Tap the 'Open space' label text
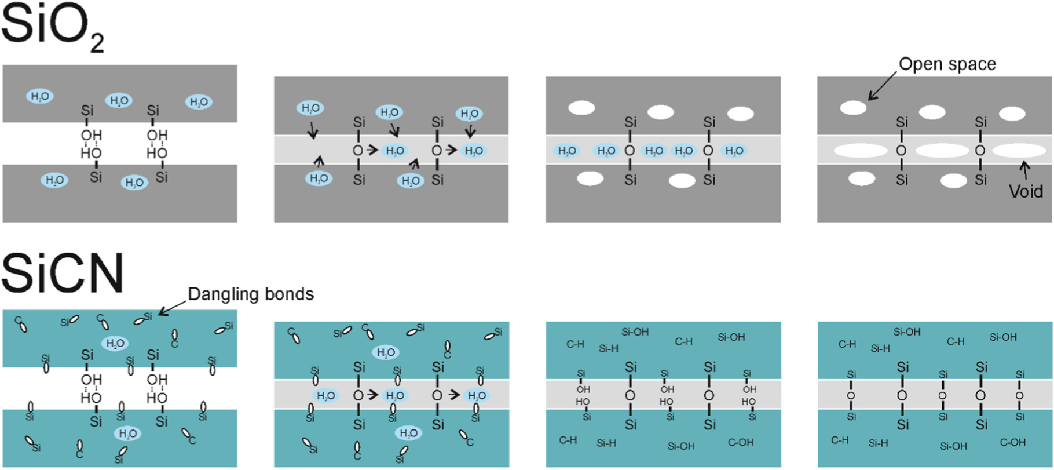click(947, 64)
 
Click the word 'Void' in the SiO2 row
click(1026, 191)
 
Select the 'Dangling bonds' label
click(251, 294)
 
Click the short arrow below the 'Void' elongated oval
click(1025, 170)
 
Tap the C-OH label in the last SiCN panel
click(1012, 442)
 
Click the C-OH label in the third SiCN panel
click(741, 442)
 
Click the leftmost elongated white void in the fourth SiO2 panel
click(860, 151)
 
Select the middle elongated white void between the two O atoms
click(942, 151)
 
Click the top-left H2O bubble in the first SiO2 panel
click(40, 96)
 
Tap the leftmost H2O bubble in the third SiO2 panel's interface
click(567, 151)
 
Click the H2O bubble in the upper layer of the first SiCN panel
click(115, 344)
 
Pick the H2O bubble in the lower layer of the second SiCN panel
click(408, 433)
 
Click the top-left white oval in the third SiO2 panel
click(581, 108)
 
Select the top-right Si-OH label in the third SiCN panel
click(731, 337)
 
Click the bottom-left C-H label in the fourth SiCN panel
click(840, 440)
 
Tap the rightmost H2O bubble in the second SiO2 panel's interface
click(474, 151)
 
